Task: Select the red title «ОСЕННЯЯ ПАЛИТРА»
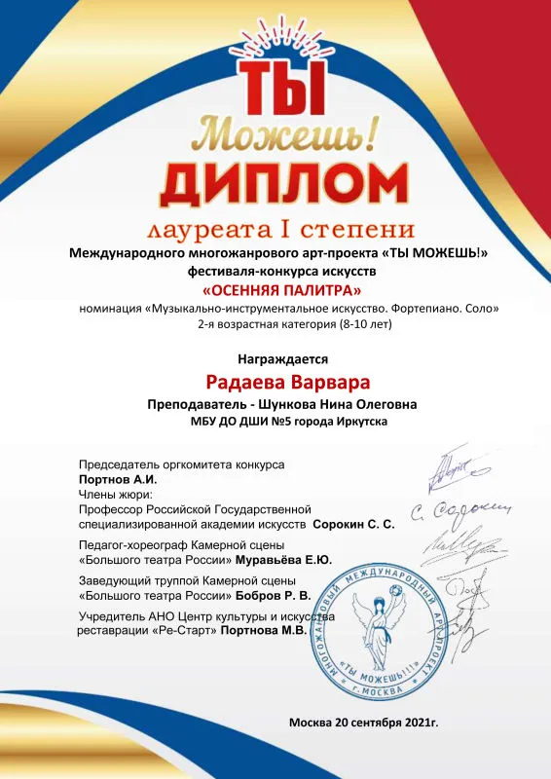(279, 290)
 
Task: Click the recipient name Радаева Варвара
(275, 382)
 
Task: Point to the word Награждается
(276, 358)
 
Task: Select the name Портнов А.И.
(117, 480)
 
